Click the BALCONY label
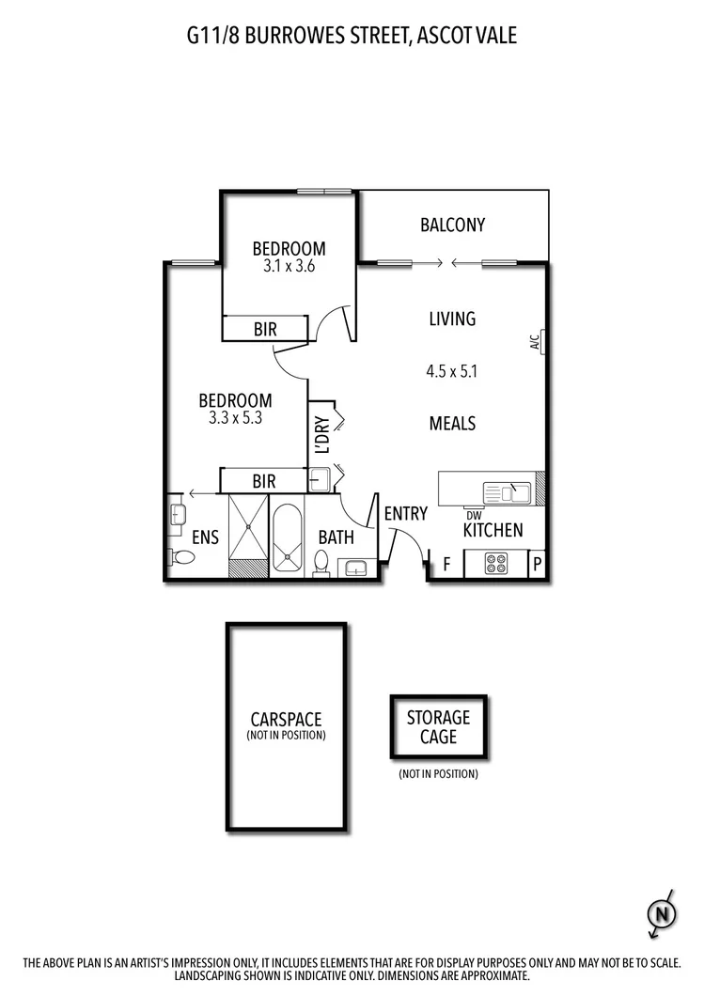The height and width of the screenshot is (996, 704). (452, 225)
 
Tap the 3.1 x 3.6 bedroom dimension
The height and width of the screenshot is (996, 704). (289, 266)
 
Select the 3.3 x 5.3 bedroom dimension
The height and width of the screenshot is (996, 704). (235, 417)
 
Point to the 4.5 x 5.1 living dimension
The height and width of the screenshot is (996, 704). (452, 371)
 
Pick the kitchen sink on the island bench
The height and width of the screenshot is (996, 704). (507, 491)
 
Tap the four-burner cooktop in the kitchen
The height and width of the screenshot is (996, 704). (496, 564)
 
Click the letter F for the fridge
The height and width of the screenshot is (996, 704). (446, 565)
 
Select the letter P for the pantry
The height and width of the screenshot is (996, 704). (537, 565)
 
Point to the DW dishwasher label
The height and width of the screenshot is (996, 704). (474, 514)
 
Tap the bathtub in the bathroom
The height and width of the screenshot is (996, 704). (288, 537)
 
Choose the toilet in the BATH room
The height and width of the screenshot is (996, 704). (321, 563)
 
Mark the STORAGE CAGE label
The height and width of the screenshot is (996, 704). (438, 727)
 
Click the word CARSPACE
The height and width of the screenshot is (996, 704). (286, 719)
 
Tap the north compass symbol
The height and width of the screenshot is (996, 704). (662, 912)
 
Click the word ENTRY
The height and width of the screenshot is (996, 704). (405, 514)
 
